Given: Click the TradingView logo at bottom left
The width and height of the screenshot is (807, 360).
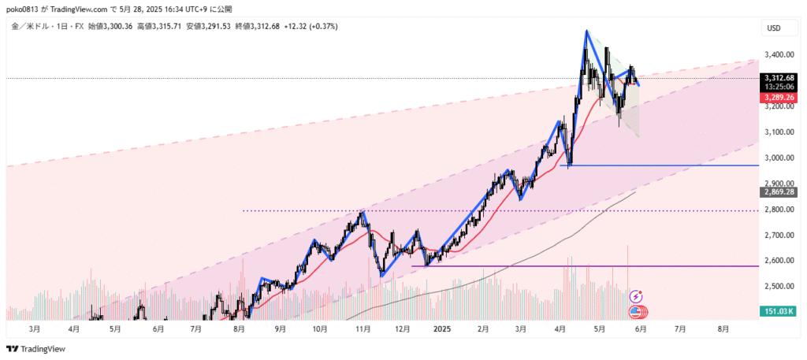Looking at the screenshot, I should tap(36, 349).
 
